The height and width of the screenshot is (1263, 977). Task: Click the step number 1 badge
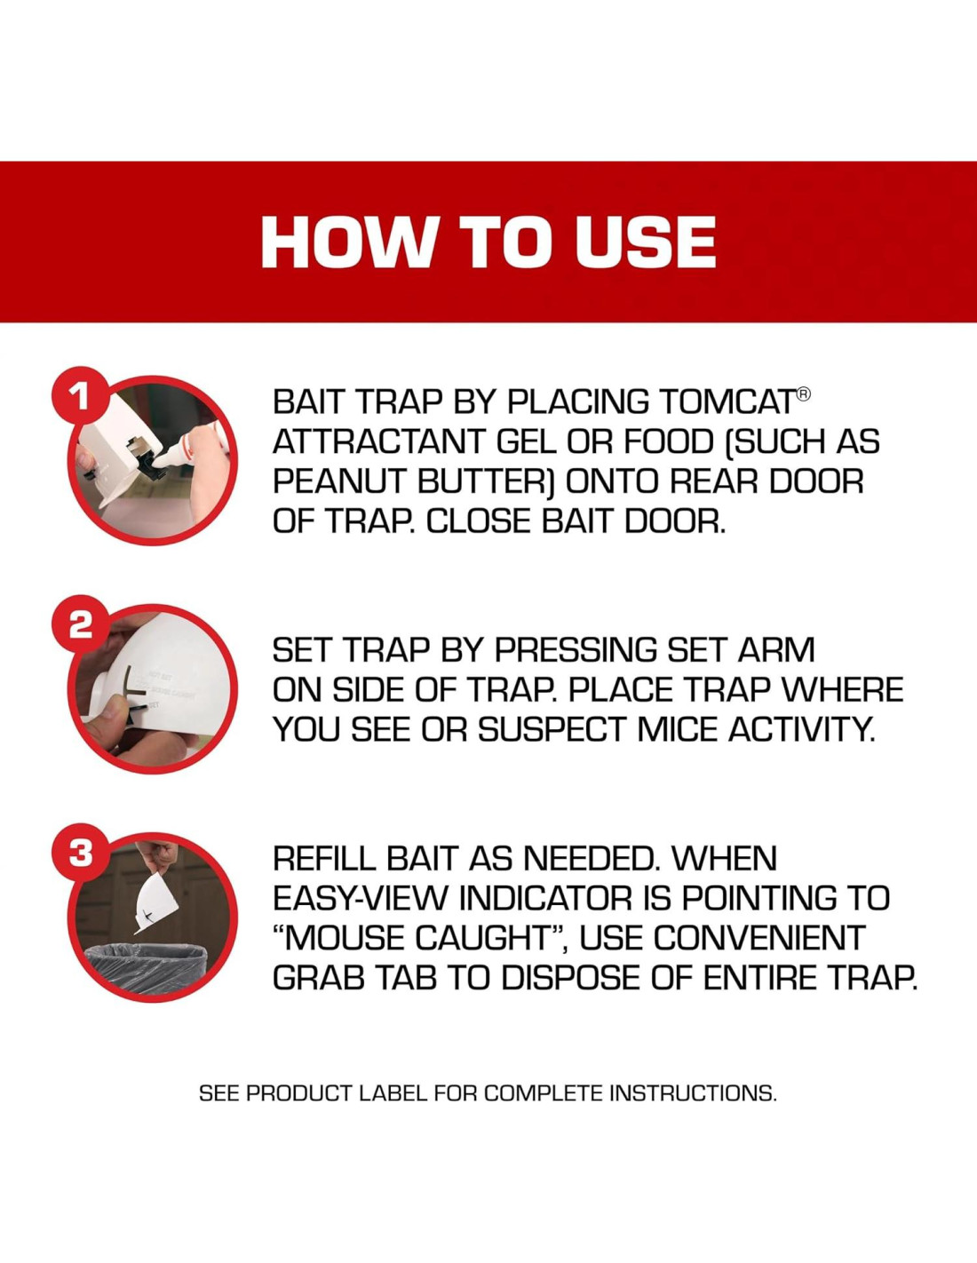pyautogui.click(x=79, y=398)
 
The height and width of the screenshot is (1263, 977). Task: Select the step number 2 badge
pyautogui.click(x=80, y=626)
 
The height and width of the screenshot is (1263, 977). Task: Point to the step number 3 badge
pyautogui.click(x=80, y=854)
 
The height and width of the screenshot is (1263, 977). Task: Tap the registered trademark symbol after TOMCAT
pyautogui.click(x=802, y=394)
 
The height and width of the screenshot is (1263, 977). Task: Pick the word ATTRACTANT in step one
pyautogui.click(x=378, y=441)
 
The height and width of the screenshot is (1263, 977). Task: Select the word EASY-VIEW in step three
pyautogui.click(x=361, y=899)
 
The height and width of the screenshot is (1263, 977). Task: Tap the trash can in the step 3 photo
pyautogui.click(x=146, y=963)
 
